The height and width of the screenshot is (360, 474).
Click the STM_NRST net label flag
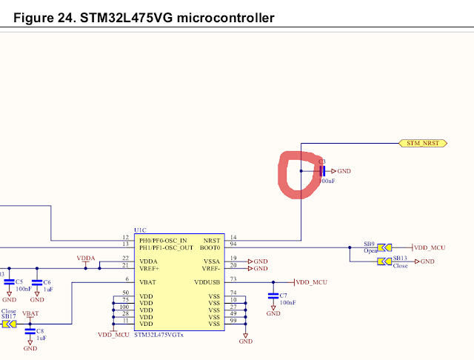click(421, 141)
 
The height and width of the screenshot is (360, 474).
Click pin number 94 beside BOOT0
click(233, 243)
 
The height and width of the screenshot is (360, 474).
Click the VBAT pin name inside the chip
click(147, 282)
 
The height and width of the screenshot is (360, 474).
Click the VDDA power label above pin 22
click(86, 258)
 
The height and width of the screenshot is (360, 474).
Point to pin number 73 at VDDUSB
click(233, 280)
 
